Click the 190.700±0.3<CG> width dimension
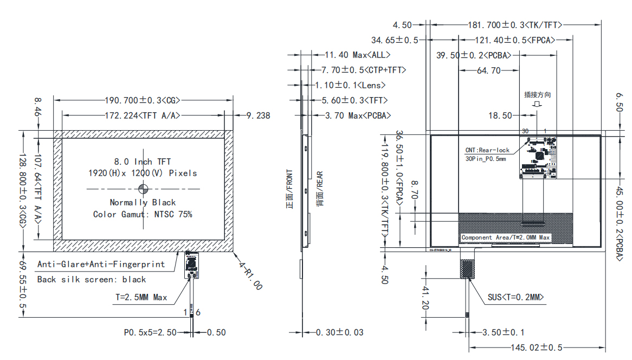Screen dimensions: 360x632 click(x=142, y=100)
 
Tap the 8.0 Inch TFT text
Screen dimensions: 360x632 click(x=143, y=162)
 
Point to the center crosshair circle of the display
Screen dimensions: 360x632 click(x=144, y=189)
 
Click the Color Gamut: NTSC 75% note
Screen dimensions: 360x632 click(x=143, y=214)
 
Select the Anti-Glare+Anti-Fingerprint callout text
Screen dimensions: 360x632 click(x=101, y=265)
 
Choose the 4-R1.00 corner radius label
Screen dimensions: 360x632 click(x=251, y=277)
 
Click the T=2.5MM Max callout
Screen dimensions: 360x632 click(x=141, y=297)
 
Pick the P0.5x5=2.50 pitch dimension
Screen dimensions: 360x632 click(x=150, y=332)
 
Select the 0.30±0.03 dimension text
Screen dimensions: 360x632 click(x=340, y=332)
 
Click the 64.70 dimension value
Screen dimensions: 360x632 click(x=489, y=70)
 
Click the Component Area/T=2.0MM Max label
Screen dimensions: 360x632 click(x=505, y=237)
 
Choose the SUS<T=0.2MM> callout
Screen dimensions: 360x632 click(x=515, y=297)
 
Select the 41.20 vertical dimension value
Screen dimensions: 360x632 click(x=425, y=298)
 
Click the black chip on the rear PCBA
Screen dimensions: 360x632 click(x=539, y=156)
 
